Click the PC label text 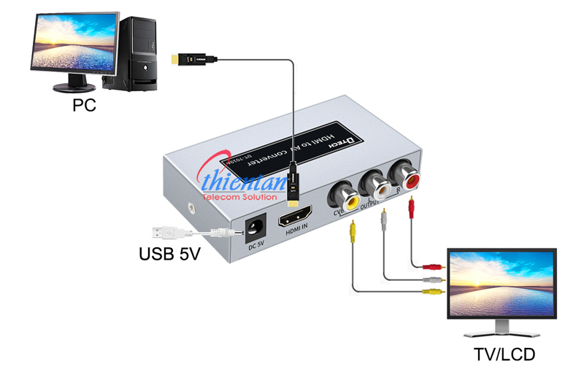pos(85,106)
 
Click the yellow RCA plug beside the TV pos(433,292)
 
